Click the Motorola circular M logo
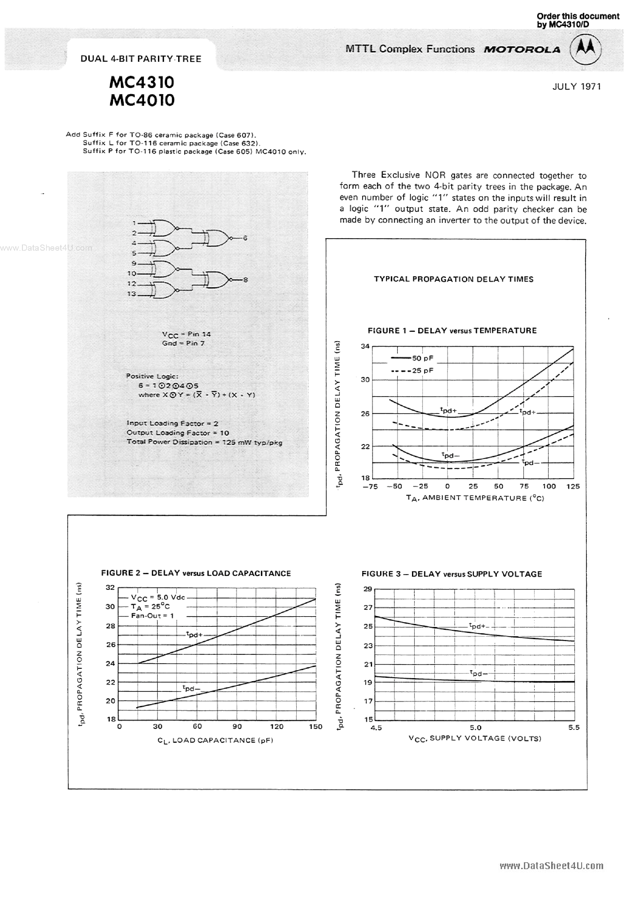pyautogui.click(x=585, y=50)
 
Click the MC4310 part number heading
pyautogui.click(x=141, y=82)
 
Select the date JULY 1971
pyautogui.click(x=577, y=86)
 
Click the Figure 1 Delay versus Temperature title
pyautogui.click(x=452, y=330)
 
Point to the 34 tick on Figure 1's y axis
pyautogui.click(x=365, y=346)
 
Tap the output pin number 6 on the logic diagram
pyautogui.click(x=245, y=238)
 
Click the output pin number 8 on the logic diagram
pyautogui.click(x=246, y=280)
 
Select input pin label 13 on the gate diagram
pyautogui.click(x=131, y=294)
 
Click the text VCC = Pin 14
pyautogui.click(x=186, y=334)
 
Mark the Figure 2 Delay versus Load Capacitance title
pyautogui.click(x=196, y=573)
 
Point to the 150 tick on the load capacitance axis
pyautogui.click(x=315, y=726)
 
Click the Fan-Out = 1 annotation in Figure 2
pyautogui.click(x=152, y=615)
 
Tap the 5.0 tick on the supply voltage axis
pyautogui.click(x=475, y=727)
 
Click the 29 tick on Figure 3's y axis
pyautogui.click(x=367, y=589)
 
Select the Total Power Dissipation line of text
pyautogui.click(x=204, y=442)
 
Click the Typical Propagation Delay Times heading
pyautogui.click(x=453, y=279)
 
